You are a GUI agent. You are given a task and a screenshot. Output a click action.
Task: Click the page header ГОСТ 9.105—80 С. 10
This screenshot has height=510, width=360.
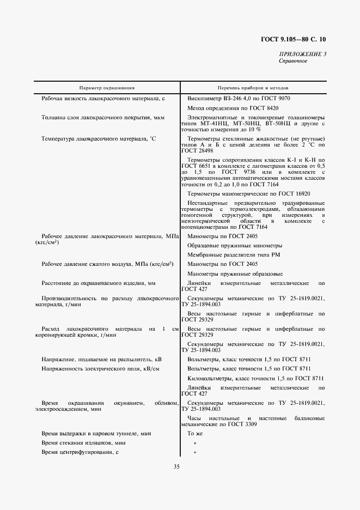tap(295, 39)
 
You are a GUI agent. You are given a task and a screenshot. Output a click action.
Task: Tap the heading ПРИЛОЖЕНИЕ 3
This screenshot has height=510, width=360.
tap(303, 54)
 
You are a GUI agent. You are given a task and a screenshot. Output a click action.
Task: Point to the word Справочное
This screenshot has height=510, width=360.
tap(294, 61)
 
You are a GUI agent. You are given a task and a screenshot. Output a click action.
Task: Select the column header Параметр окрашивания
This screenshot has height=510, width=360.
tap(107, 87)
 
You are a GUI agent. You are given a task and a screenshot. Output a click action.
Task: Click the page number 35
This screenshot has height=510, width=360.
tap(176, 466)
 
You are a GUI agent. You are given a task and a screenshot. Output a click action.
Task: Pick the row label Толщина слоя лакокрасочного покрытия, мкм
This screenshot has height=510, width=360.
tap(103, 117)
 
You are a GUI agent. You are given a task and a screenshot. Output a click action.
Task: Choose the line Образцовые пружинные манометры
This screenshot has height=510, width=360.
tap(235, 245)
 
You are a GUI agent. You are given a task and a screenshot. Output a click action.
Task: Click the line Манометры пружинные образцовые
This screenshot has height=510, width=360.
tap(235, 273)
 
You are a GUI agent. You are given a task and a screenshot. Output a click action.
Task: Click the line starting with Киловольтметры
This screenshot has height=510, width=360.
tap(255, 378)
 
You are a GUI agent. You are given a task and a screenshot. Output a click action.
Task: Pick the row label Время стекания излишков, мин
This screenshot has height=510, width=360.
tap(87, 442)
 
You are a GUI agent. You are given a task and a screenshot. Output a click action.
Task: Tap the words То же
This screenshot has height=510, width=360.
tap(194, 433)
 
